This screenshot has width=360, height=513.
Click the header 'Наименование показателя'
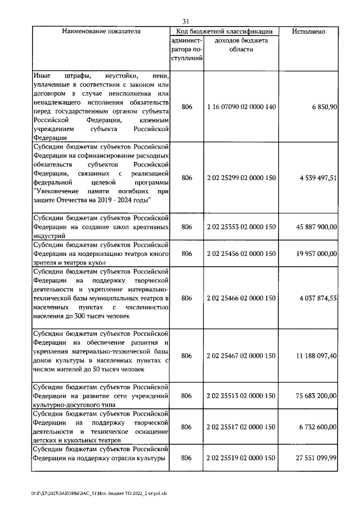point(101,31)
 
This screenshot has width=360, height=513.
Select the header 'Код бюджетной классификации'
point(225,31)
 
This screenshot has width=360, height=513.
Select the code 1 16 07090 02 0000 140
point(241,106)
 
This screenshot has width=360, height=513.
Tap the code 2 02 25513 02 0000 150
point(241,396)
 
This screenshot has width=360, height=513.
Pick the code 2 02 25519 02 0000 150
point(241,458)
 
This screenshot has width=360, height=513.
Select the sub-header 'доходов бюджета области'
point(241,45)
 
